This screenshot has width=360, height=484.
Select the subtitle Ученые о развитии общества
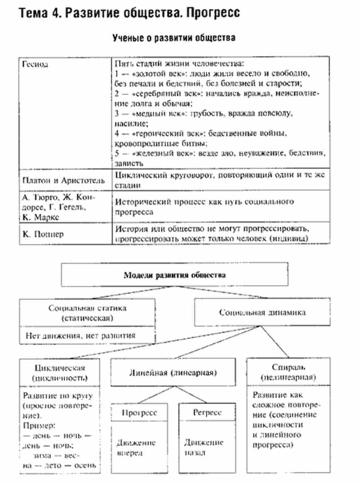pyautogui.click(x=174, y=38)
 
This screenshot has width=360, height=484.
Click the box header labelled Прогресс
pyautogui.click(x=139, y=413)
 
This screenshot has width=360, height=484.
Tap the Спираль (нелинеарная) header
pyautogui.click(x=287, y=372)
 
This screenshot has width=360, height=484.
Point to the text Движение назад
pyautogui.click(x=204, y=447)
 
